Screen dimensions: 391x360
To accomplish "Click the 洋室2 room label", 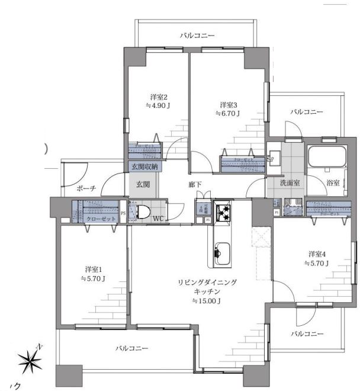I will coord(159,97).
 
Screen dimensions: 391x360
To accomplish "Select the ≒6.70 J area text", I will coord(227,113).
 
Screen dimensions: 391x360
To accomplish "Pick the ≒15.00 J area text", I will coord(207,302).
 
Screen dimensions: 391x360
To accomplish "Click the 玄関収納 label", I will coord(143,166).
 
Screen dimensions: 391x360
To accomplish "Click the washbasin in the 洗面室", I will coord(274,158).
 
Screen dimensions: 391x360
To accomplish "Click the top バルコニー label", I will coord(197,36).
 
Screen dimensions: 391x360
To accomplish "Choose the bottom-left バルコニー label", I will coord(131,348).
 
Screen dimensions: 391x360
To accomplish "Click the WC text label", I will coord(158,219).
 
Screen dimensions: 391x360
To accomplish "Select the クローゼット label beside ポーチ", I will coord(97,219).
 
